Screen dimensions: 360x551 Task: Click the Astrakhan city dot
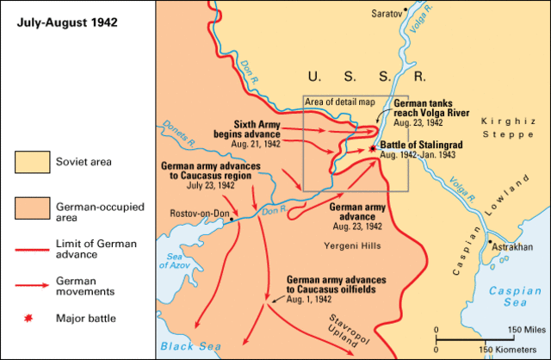pyautogui.click(x=490, y=244)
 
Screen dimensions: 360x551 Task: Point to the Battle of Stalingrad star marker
pyautogui.click(x=372, y=148)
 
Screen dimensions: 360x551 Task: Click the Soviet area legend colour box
pyautogui.click(x=33, y=160)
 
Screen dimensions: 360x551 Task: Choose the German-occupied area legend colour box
pyautogui.click(x=33, y=208)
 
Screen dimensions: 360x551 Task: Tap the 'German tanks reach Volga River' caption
pyautogui.click(x=433, y=108)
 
